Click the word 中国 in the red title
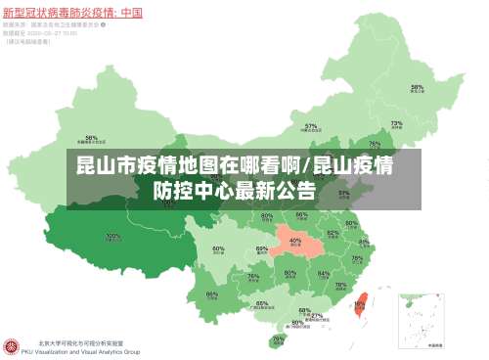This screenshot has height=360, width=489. click(131, 13)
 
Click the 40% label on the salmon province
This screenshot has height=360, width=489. click(295, 240)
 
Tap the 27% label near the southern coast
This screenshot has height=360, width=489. click(316, 316)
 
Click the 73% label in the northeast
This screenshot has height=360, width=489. click(396, 124)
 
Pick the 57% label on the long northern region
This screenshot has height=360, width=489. click(311, 126)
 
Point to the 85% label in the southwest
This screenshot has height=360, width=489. click(212, 292)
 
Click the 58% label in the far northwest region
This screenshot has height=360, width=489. click(91, 138)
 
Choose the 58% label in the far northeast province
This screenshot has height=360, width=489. click(417, 87)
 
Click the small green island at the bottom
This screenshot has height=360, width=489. click(279, 341)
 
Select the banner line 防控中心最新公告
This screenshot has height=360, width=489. click(235, 189)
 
